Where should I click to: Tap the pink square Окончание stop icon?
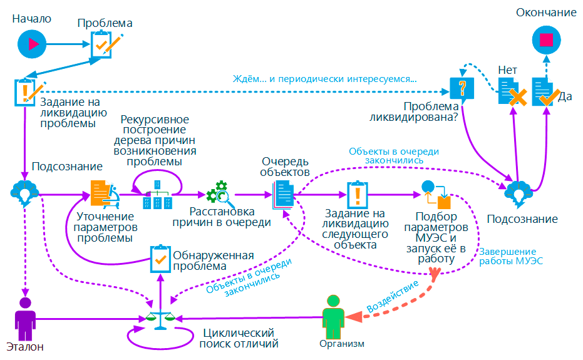pos(546,41)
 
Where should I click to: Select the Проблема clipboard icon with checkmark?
pos(104,45)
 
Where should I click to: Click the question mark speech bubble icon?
pos(463,88)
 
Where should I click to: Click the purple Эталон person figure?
pos(26,319)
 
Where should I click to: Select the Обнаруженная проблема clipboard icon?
pos(160,258)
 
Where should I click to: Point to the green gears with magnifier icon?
pos(220,194)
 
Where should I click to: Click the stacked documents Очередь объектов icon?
pos(284,195)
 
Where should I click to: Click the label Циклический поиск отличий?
pos(238,338)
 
